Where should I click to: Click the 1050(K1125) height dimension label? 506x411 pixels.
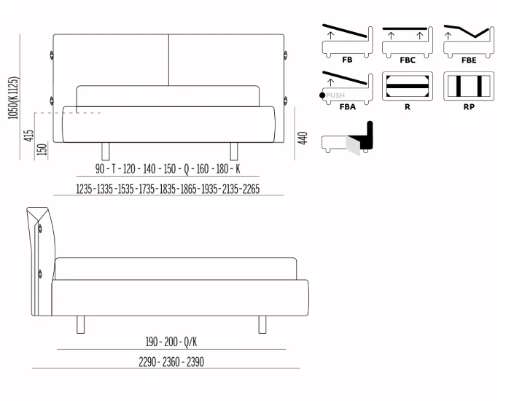pos(14,98)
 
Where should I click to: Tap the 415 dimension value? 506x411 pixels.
pos(28,136)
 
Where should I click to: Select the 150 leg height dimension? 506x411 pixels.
pos(42,149)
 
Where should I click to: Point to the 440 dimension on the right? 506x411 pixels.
pos(303,138)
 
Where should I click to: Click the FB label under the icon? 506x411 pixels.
pos(347,60)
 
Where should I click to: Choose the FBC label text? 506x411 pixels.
pos(408,60)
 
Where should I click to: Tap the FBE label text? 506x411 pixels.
pos(469,60)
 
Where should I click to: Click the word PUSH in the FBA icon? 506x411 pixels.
pos(335,95)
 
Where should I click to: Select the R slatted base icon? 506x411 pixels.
pos(408,86)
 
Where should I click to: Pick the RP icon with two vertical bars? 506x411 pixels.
pos(469,86)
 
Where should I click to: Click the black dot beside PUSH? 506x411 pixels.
pos(322,95)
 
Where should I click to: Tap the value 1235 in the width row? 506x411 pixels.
pos(85,189)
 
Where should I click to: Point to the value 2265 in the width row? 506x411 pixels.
pos(251,189)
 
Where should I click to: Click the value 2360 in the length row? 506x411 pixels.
pos(171,362)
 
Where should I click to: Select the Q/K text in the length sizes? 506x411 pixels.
pos(190,342)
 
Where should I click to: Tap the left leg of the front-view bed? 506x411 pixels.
pos(106,152)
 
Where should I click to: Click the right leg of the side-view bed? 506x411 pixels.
pos(262,324)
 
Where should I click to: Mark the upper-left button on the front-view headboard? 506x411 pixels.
pos(52,55)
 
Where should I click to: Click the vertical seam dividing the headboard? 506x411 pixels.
pos(168,60)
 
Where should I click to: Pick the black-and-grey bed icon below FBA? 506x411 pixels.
pos(347,138)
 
